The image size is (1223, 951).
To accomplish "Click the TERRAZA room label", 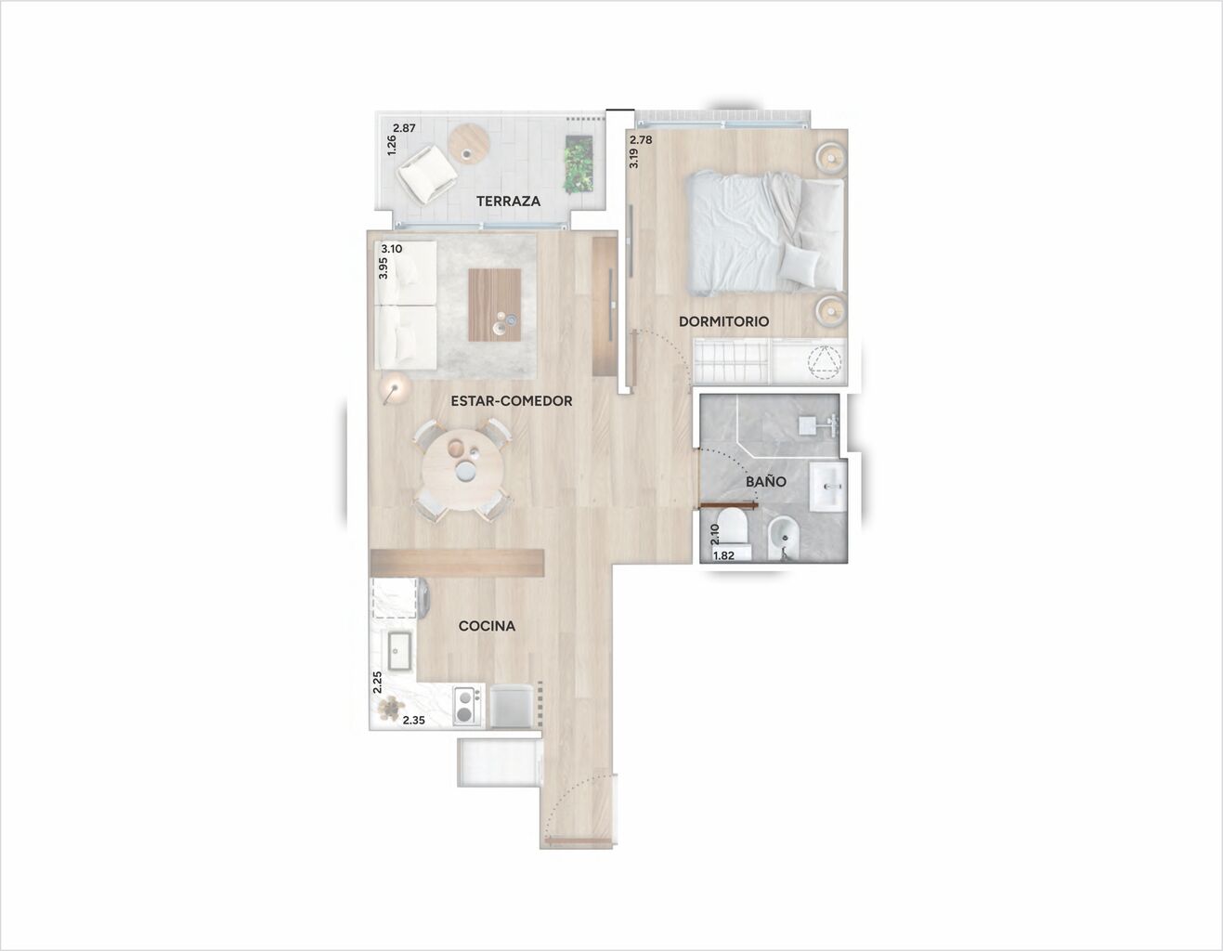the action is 508,201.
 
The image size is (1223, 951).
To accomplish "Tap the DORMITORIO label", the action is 723,321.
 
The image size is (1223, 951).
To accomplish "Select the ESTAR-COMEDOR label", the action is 512,400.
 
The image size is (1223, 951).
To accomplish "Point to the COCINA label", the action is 487,626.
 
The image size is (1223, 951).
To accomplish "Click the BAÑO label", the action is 765,482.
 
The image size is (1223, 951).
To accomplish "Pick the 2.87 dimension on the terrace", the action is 404,128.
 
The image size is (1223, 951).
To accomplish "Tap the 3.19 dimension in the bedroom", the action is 634,158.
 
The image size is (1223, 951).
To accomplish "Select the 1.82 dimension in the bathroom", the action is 723,556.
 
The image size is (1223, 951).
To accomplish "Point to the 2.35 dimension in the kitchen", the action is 414,719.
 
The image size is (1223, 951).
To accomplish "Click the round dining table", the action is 463,471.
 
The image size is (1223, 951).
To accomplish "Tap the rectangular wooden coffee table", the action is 495,305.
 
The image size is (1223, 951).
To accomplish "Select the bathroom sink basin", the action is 828,486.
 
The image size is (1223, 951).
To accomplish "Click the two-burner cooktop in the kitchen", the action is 466,706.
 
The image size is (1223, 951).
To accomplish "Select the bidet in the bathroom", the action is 783,539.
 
